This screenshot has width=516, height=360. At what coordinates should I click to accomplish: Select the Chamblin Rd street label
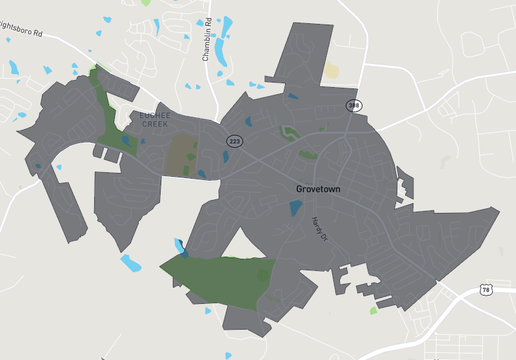(x=207, y=40)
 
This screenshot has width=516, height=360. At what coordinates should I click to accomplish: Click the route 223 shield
(x=233, y=141)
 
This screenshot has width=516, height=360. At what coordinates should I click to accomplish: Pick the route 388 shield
(x=353, y=105)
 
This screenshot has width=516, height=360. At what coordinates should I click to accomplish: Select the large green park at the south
(x=220, y=280)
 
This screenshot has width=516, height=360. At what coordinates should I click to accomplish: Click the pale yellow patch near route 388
(x=332, y=72)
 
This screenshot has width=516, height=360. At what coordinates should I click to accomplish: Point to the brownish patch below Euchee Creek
(x=180, y=155)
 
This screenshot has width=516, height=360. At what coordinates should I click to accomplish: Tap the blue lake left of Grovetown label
(x=296, y=208)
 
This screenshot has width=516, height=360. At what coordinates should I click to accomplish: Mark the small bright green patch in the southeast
(x=373, y=310)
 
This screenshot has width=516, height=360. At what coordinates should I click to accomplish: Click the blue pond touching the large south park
(x=180, y=246)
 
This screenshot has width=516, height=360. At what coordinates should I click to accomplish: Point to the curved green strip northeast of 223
(x=290, y=132)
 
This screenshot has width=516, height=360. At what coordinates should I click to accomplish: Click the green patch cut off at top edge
(x=147, y=2)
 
